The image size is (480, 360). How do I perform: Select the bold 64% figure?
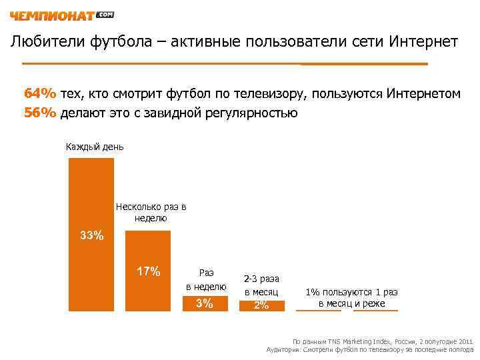tap(41, 93)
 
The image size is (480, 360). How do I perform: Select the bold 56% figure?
tap(41, 112)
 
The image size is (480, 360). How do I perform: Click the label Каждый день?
tap(95, 146)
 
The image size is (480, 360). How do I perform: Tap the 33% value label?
tap(91, 235)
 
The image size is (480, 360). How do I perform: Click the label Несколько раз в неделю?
tap(151, 213)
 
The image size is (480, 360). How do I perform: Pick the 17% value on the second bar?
tap(148, 271)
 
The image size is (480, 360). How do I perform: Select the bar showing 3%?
tap(205, 304)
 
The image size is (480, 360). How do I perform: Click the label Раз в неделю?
tap(206, 279)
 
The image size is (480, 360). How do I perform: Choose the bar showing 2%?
tap(261, 305)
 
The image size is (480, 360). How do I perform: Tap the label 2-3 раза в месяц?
tap(261, 285)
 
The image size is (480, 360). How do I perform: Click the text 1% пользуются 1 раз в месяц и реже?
tap(351, 297)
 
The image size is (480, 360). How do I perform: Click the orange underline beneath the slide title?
tap(225, 64)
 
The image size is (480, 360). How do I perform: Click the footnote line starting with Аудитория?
tap(369, 349)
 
